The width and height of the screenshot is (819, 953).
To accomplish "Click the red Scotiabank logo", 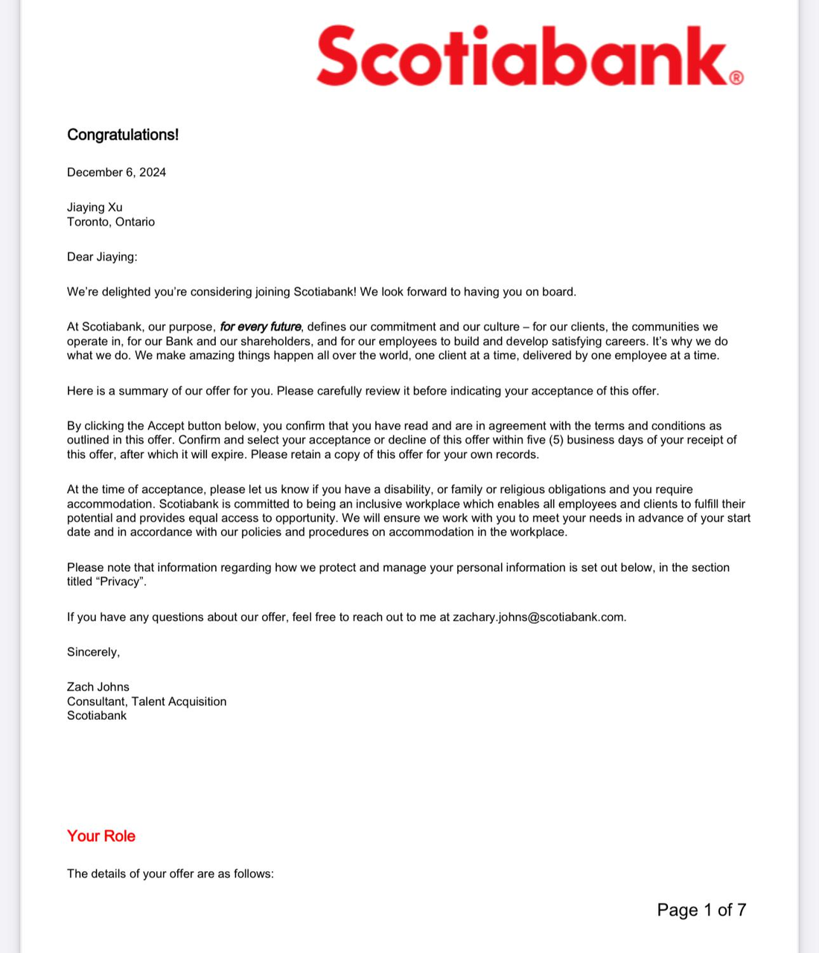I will tap(521, 57).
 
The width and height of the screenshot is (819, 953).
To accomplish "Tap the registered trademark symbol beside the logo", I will tap(736, 77).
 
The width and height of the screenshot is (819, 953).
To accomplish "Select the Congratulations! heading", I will tap(123, 135).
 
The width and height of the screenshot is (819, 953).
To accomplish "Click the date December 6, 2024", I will tap(116, 173).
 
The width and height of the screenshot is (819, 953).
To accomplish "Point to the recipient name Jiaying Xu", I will tap(95, 208).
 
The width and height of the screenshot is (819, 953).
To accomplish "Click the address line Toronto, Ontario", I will tap(111, 222).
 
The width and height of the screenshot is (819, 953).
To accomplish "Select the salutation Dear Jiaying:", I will tap(102, 257).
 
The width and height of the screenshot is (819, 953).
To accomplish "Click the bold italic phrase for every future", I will tap(261, 327).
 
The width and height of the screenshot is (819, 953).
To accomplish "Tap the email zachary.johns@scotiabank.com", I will tap(539, 617).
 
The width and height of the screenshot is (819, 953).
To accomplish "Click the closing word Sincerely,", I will tap(93, 652).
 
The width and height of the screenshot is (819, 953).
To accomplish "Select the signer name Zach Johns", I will tap(98, 687).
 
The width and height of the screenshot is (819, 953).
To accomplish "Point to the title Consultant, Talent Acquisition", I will tap(147, 701).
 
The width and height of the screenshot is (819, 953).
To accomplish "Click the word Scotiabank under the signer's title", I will tap(97, 715).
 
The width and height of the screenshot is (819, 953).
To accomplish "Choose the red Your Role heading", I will tap(101, 836).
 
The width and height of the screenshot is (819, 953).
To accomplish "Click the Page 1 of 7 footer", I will tap(701, 910).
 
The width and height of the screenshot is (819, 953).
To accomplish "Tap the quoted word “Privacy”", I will tap(121, 581).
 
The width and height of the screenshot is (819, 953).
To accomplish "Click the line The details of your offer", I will tap(171, 874).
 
